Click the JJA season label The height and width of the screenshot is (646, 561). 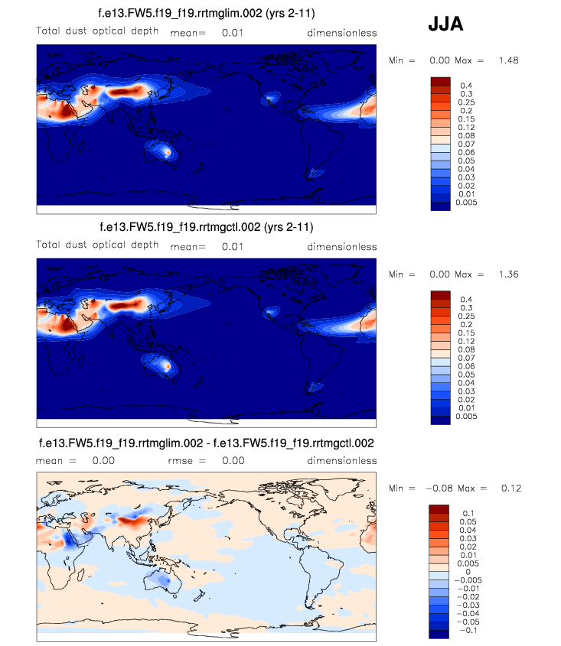pos(445,25)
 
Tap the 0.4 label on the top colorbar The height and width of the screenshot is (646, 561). pos(465,86)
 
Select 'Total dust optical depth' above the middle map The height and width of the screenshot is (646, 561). pos(98,245)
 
